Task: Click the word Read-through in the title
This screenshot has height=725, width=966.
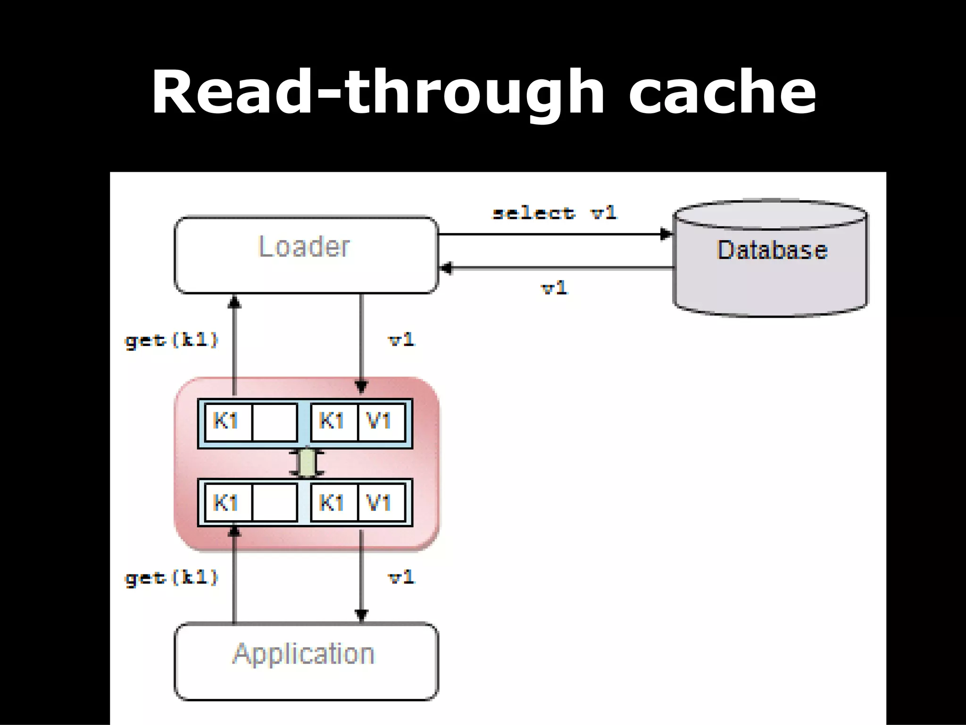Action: pyautogui.click(x=377, y=92)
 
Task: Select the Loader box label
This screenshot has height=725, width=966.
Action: pyautogui.click(x=304, y=247)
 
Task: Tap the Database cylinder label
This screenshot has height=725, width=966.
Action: pyautogui.click(x=772, y=250)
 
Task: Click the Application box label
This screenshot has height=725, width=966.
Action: pyautogui.click(x=304, y=654)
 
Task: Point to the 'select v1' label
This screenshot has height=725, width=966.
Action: pyautogui.click(x=554, y=213)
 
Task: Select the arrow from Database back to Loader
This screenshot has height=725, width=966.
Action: pyautogui.click(x=557, y=268)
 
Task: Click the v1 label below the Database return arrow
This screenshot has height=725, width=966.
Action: pyautogui.click(x=554, y=287)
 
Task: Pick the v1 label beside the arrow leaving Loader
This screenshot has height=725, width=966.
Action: pyautogui.click(x=401, y=339)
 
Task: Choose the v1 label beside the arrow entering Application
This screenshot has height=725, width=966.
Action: pyautogui.click(x=401, y=577)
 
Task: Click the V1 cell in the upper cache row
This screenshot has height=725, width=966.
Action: pyautogui.click(x=380, y=422)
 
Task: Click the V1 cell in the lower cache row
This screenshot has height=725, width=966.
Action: pyautogui.click(x=380, y=502)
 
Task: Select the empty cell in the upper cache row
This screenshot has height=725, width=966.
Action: pyautogui.click(x=275, y=422)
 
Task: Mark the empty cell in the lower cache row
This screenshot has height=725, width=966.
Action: pyautogui.click(x=275, y=502)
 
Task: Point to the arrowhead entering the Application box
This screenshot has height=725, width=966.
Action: pyautogui.click(x=361, y=615)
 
